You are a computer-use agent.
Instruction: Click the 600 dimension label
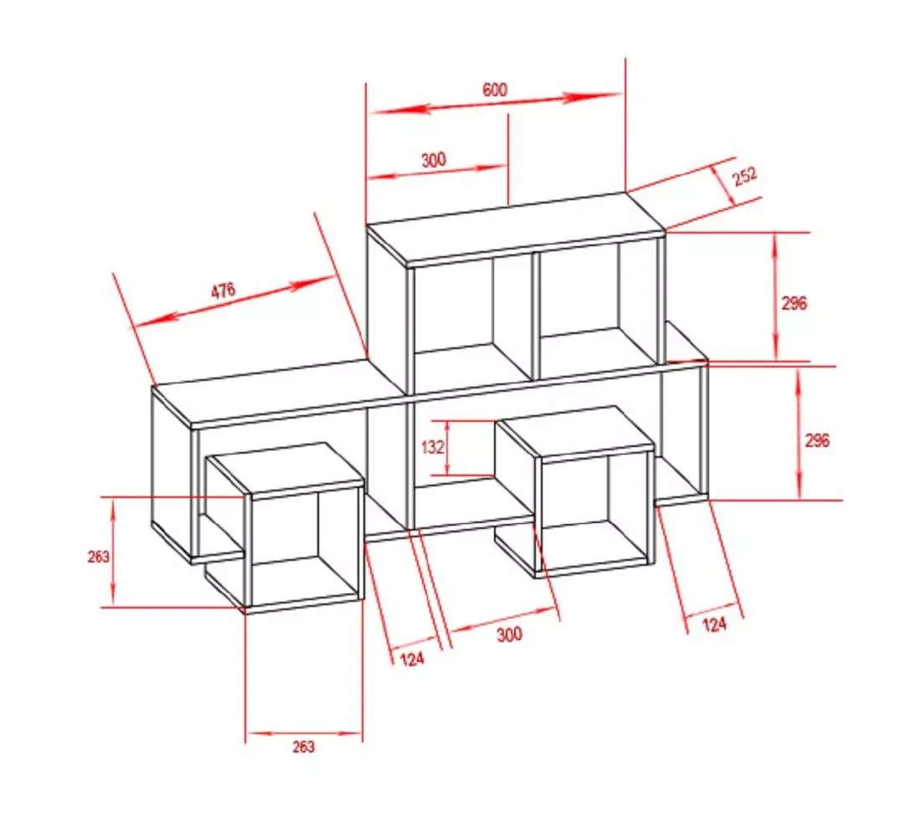(495, 90)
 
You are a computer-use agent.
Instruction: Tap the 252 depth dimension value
(745, 177)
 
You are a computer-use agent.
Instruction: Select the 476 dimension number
(224, 290)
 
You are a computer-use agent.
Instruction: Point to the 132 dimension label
(432, 448)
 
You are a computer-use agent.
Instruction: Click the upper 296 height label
(794, 303)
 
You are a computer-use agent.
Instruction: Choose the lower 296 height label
(817, 440)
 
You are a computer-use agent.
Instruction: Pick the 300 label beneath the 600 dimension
(434, 160)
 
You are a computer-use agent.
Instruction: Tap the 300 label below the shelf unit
(509, 634)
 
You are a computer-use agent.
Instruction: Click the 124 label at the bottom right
(714, 624)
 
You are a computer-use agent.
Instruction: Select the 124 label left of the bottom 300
(412, 660)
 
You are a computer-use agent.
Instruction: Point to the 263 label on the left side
(98, 557)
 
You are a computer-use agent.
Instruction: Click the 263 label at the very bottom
(303, 747)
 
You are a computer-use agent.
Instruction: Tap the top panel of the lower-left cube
(285, 467)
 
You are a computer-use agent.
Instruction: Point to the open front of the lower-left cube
(305, 547)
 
